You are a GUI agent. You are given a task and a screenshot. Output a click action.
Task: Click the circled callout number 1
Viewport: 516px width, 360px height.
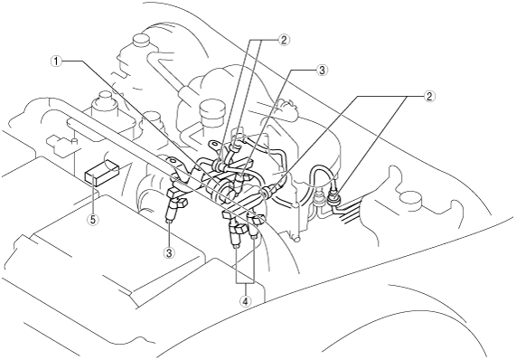click(57, 61)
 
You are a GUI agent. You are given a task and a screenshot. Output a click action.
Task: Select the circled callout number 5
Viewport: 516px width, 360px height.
click(93, 220)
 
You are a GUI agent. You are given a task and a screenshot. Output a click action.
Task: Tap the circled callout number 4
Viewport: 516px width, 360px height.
click(246, 300)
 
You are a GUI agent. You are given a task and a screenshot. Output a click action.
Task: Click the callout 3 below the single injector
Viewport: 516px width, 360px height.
click(170, 252)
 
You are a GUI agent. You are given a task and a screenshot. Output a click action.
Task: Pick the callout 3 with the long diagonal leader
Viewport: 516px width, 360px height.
click(322, 70)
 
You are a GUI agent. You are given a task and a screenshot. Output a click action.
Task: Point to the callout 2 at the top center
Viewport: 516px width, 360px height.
click(284, 40)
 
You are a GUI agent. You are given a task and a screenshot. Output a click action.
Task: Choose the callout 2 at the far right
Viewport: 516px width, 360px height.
click(428, 96)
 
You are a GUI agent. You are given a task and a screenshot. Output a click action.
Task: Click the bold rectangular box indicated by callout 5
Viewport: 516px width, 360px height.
click(100, 175)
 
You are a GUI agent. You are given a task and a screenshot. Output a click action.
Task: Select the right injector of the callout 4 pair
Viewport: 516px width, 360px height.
click(254, 228)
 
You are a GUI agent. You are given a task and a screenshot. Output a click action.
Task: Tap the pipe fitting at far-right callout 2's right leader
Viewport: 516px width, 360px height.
click(333, 198)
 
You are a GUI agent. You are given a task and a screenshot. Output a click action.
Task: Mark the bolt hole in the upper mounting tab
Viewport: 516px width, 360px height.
click(214, 144)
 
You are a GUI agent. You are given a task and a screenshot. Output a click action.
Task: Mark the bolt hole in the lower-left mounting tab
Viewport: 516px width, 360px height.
click(172, 161)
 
